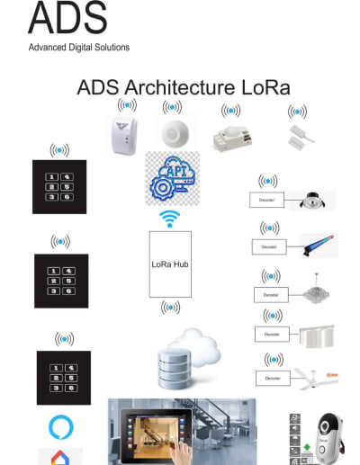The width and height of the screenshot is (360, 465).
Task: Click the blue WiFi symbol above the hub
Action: pyautogui.click(x=169, y=219)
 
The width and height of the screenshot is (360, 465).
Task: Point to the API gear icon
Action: pyautogui.click(x=172, y=177)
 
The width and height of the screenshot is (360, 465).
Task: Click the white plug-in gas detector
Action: pyautogui.click(x=122, y=135)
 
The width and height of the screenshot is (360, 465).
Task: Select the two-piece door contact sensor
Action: pyautogui.click(x=295, y=136)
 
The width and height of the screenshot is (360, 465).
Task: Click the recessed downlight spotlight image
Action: pyautogui.click(x=315, y=200)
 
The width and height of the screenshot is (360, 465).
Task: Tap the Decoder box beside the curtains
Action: pyautogui.click(x=273, y=334)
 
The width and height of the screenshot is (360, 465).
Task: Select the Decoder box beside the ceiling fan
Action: pyautogui.click(x=273, y=379)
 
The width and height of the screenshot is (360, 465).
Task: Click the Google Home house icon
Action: pyautogui.click(x=59, y=456)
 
